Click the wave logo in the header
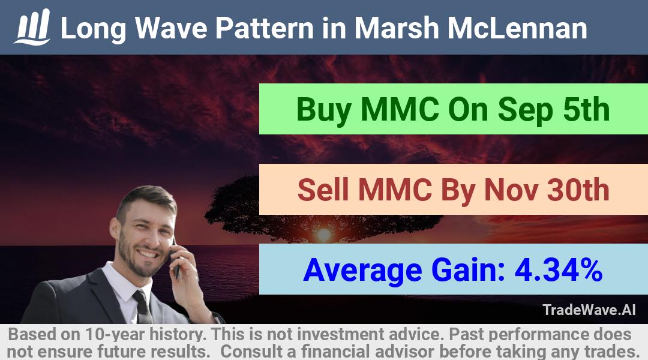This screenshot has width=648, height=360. (32, 27)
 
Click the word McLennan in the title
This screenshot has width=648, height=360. (517, 28)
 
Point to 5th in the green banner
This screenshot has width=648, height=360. (586, 110)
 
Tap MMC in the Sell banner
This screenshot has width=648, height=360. (395, 190)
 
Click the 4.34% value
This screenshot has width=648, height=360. (559, 270)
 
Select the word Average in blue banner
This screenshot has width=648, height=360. (363, 271)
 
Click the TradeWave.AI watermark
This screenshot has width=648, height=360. (589, 310)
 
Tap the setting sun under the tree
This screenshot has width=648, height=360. (323, 235)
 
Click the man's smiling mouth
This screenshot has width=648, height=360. (148, 253)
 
